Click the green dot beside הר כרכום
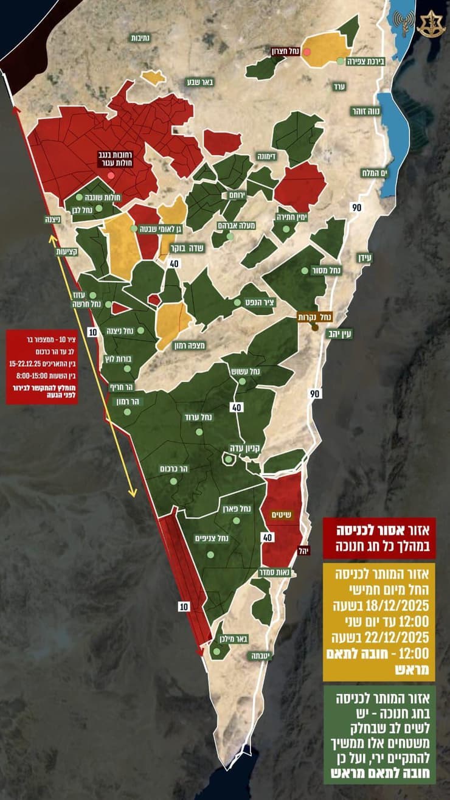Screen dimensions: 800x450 click(x=173, y=481)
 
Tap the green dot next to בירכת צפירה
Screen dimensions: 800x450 click(x=340, y=61)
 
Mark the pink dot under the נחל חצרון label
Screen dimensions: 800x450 click(x=307, y=52)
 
